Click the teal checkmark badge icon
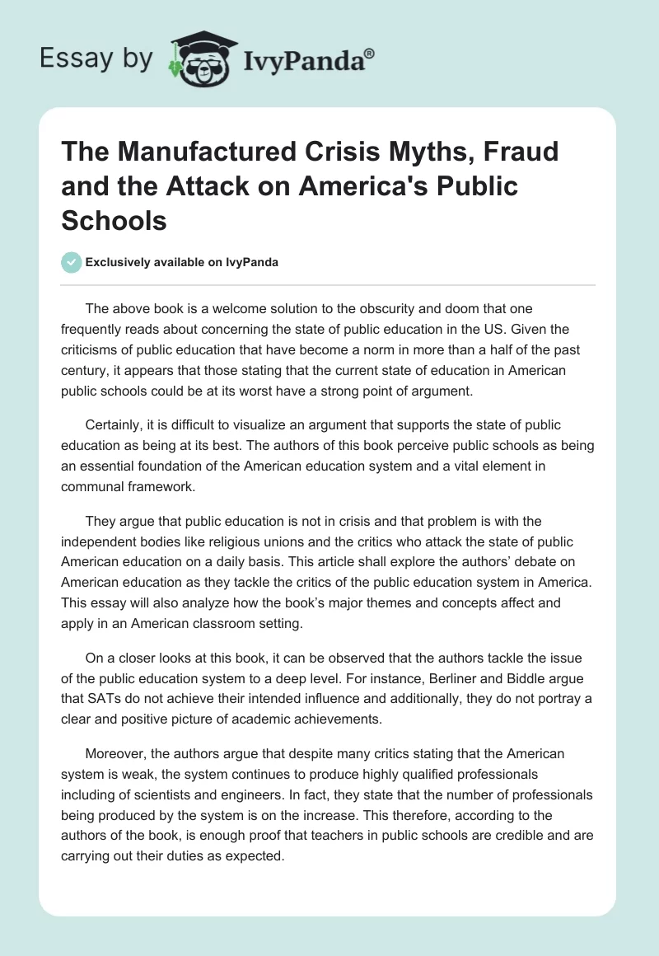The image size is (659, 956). (x=72, y=262)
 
